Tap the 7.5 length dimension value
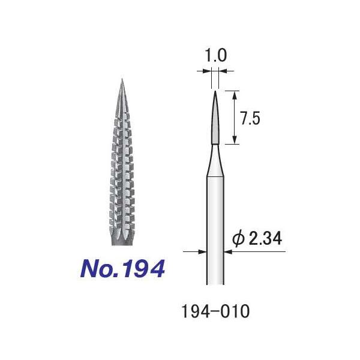click(x=250, y=118)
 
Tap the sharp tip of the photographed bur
click(x=121, y=80)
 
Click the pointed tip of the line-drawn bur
click(x=214, y=92)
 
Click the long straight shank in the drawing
click(x=214, y=228)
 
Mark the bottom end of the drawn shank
click(x=214, y=284)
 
